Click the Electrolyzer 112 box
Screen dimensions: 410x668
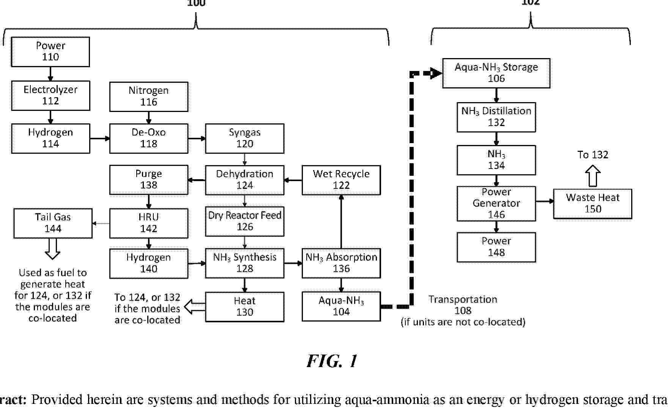point(50,95)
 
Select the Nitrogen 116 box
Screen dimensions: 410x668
point(148,96)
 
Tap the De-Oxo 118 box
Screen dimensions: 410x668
point(148,138)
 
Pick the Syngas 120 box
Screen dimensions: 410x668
point(244,138)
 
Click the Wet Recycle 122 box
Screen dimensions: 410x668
point(341,180)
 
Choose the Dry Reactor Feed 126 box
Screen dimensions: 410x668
point(244,221)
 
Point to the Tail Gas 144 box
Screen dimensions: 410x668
point(53,223)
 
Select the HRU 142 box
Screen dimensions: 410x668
point(148,223)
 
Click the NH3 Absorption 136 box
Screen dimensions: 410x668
point(341,263)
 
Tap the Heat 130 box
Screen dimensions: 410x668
point(244,307)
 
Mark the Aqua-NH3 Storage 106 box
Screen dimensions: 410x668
point(496,73)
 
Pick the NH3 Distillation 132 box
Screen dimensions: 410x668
point(496,117)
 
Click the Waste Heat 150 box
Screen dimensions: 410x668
point(592,204)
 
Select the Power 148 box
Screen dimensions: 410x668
point(496,247)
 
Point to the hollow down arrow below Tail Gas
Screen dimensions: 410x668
point(52,249)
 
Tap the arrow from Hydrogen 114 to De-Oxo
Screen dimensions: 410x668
point(100,139)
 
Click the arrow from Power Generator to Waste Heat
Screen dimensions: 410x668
point(545,201)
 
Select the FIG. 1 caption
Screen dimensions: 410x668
point(332,361)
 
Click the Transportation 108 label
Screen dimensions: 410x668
point(463,305)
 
